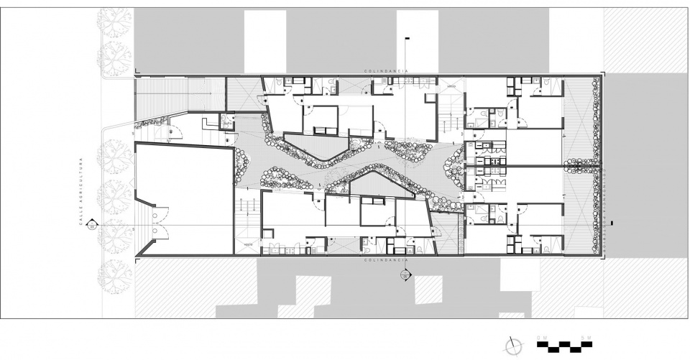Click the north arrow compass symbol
coord(512,345)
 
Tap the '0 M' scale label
coord(541,337)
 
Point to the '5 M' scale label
coord(586,337)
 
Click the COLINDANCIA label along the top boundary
coord(386,71)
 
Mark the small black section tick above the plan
coord(408,37)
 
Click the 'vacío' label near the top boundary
coord(452,87)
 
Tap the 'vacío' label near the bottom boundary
coord(248,244)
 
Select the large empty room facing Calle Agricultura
coord(183,198)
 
